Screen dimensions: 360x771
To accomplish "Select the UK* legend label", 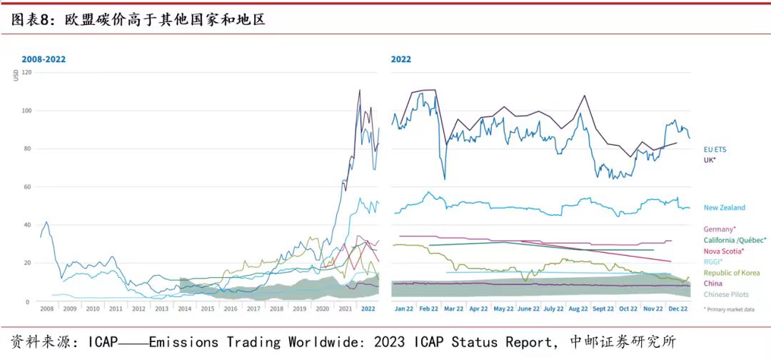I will point(711,160).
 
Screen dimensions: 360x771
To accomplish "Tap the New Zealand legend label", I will point(725,208).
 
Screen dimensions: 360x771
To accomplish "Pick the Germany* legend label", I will point(720,229).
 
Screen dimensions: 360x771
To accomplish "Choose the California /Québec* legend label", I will point(735,240).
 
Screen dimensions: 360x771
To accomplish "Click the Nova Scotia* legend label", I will point(724,251).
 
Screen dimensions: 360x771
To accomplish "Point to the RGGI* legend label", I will point(713,261).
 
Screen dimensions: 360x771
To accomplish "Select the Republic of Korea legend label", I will point(731,273).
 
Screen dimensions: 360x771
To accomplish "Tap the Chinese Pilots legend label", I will point(727,294).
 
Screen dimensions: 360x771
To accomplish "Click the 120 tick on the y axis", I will point(26,72).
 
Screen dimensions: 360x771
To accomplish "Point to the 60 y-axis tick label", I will point(28,187).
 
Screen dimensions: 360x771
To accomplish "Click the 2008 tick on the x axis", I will point(47,309).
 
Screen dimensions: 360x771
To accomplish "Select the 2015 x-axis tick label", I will point(208,309).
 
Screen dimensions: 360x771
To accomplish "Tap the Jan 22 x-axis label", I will point(404,309).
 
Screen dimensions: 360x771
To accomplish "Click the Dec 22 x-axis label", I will point(677,309).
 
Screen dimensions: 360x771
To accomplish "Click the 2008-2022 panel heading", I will point(44,59).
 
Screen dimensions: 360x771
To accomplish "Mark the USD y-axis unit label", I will point(16,75).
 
